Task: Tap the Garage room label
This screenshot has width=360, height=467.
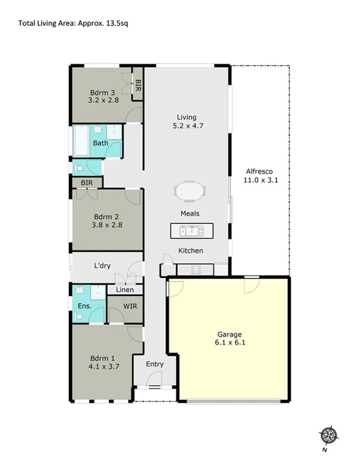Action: click(x=227, y=332)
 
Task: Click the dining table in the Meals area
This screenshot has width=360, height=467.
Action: click(x=189, y=192)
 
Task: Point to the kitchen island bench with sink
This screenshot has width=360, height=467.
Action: click(x=191, y=231)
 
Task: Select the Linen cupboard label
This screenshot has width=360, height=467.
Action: click(x=125, y=289)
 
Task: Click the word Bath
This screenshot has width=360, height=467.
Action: click(x=100, y=143)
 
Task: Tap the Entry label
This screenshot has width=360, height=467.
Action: click(x=154, y=364)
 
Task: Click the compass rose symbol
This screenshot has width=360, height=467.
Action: click(x=329, y=435)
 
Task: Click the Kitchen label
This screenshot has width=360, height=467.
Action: click(x=191, y=250)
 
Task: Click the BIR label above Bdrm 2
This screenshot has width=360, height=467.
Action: click(x=87, y=183)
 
